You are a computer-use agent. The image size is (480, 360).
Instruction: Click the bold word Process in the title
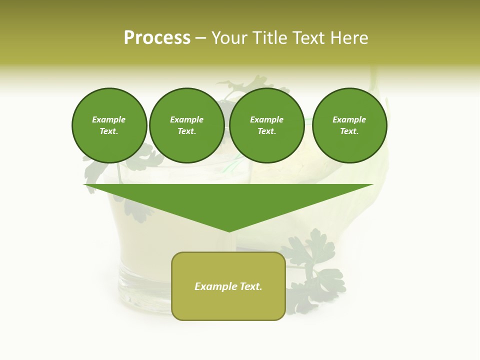[157, 38]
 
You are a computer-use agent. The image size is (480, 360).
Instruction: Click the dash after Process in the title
[201, 38]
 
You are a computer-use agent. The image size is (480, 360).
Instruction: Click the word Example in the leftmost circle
[109, 119]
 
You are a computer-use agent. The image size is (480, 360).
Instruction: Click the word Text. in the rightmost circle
[349, 131]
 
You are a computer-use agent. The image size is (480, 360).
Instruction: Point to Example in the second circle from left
[187, 119]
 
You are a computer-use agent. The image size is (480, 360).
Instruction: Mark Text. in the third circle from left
[267, 131]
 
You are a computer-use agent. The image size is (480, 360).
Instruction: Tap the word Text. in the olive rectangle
[251, 286]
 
